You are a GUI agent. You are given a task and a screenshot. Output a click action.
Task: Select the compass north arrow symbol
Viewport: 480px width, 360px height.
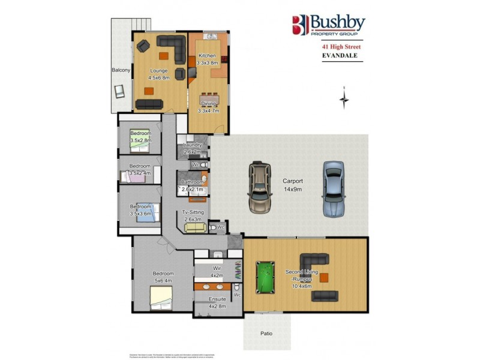344,99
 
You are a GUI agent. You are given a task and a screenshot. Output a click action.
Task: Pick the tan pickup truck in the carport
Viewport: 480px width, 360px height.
259,187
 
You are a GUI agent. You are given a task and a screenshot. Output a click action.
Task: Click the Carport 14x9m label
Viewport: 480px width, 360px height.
293,185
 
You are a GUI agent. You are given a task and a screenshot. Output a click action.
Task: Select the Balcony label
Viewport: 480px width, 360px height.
121,70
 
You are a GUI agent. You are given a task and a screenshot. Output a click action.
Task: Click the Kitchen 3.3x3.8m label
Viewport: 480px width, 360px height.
207,59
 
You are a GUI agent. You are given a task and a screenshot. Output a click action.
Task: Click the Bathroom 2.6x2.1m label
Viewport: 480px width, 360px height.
193,186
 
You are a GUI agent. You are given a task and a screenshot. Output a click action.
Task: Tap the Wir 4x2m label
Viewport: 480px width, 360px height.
217,271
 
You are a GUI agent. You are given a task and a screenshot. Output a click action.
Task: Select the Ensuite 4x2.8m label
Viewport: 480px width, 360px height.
217,302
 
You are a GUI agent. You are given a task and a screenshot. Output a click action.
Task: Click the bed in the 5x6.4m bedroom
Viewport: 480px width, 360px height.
160,296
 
